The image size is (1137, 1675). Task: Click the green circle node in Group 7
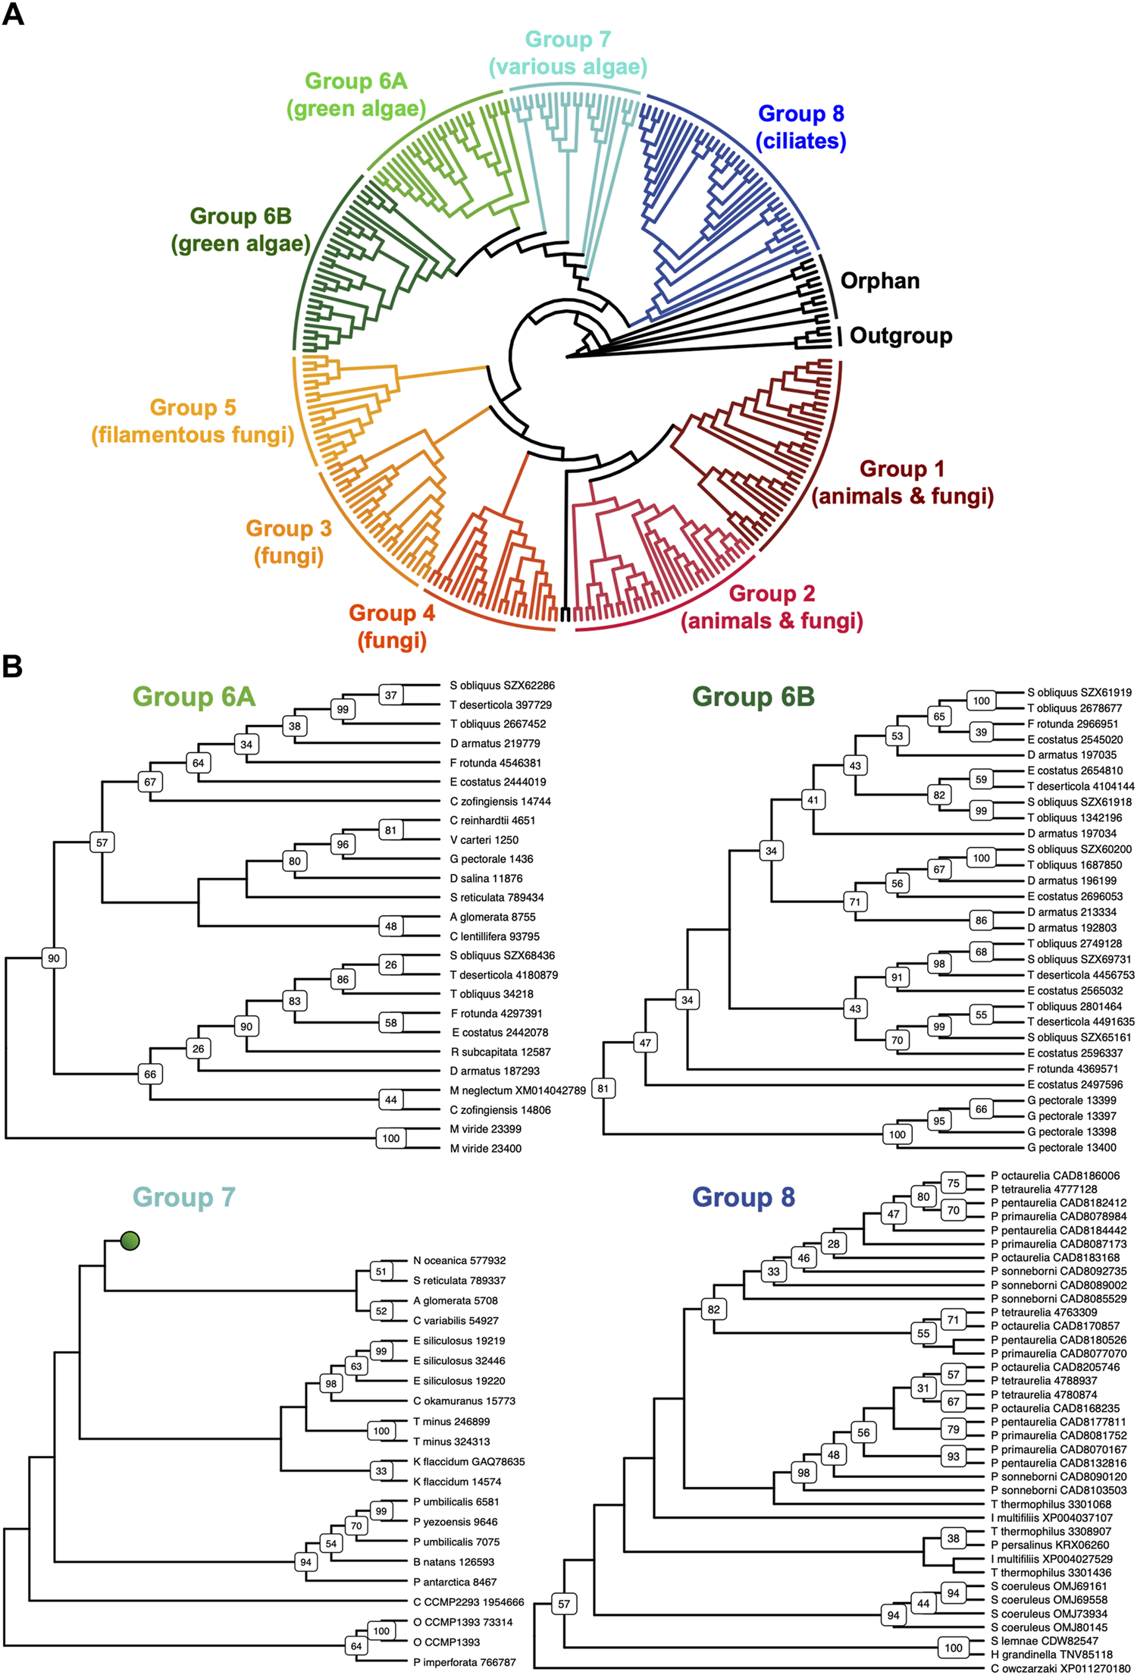(x=130, y=1241)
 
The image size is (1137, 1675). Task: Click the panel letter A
(x=13, y=14)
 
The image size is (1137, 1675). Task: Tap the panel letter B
(x=13, y=667)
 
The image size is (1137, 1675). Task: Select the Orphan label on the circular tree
(x=880, y=281)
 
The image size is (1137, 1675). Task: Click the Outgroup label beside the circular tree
(x=901, y=335)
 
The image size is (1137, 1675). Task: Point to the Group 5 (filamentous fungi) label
(x=193, y=421)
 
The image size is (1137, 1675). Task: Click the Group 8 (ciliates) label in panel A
(x=801, y=127)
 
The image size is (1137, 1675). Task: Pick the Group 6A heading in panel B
(x=194, y=696)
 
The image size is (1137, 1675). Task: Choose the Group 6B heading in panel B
(x=753, y=696)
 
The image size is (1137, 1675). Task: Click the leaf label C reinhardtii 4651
(x=492, y=820)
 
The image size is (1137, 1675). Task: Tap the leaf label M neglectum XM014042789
(x=518, y=1090)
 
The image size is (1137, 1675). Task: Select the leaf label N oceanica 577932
(x=459, y=1260)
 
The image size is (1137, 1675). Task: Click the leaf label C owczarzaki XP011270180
(x=1060, y=1668)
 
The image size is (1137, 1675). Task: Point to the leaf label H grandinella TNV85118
(x=1051, y=1655)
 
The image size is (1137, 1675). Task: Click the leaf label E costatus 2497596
(x=1075, y=1084)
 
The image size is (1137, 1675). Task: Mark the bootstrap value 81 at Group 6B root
(x=603, y=1088)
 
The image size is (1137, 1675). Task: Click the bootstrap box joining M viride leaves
(x=390, y=1138)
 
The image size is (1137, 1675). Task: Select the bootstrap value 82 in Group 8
(x=714, y=1309)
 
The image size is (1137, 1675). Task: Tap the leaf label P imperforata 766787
(x=464, y=1662)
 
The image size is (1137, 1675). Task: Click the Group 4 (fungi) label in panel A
(x=392, y=626)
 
